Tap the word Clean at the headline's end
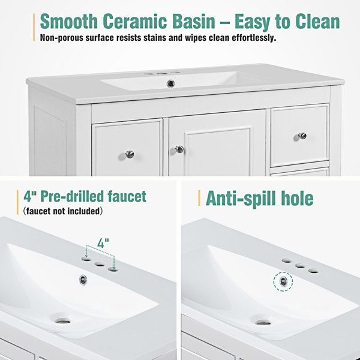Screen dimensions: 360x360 (317, 22)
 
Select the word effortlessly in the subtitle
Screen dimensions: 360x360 (254, 38)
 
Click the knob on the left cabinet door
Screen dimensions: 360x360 (130, 154)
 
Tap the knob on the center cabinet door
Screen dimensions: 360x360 (179, 149)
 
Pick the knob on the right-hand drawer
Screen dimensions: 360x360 (302, 136)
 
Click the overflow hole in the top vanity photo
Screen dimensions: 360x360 (170, 83)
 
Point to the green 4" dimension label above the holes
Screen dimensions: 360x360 (103, 243)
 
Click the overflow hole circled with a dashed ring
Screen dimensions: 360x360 (283, 281)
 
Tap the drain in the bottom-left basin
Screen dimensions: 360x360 (63, 321)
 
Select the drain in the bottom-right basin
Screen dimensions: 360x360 (263, 323)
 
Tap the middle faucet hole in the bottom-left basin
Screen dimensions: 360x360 (100, 264)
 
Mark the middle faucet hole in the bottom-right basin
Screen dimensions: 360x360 (300, 266)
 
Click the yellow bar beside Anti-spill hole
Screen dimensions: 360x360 (199, 198)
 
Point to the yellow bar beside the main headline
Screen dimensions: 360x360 (34, 28)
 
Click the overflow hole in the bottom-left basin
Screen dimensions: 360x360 (83, 280)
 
